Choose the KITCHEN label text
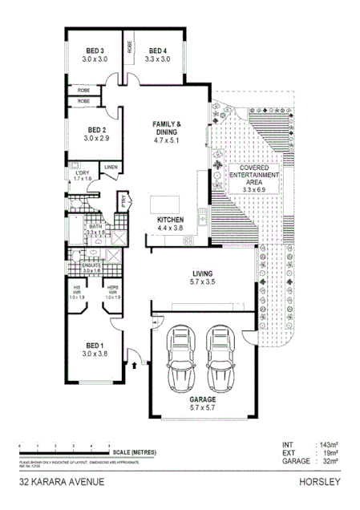(x=171, y=220)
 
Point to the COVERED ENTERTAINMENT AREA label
(x=253, y=174)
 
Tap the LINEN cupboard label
(x=111, y=167)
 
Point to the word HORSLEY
(x=319, y=484)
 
